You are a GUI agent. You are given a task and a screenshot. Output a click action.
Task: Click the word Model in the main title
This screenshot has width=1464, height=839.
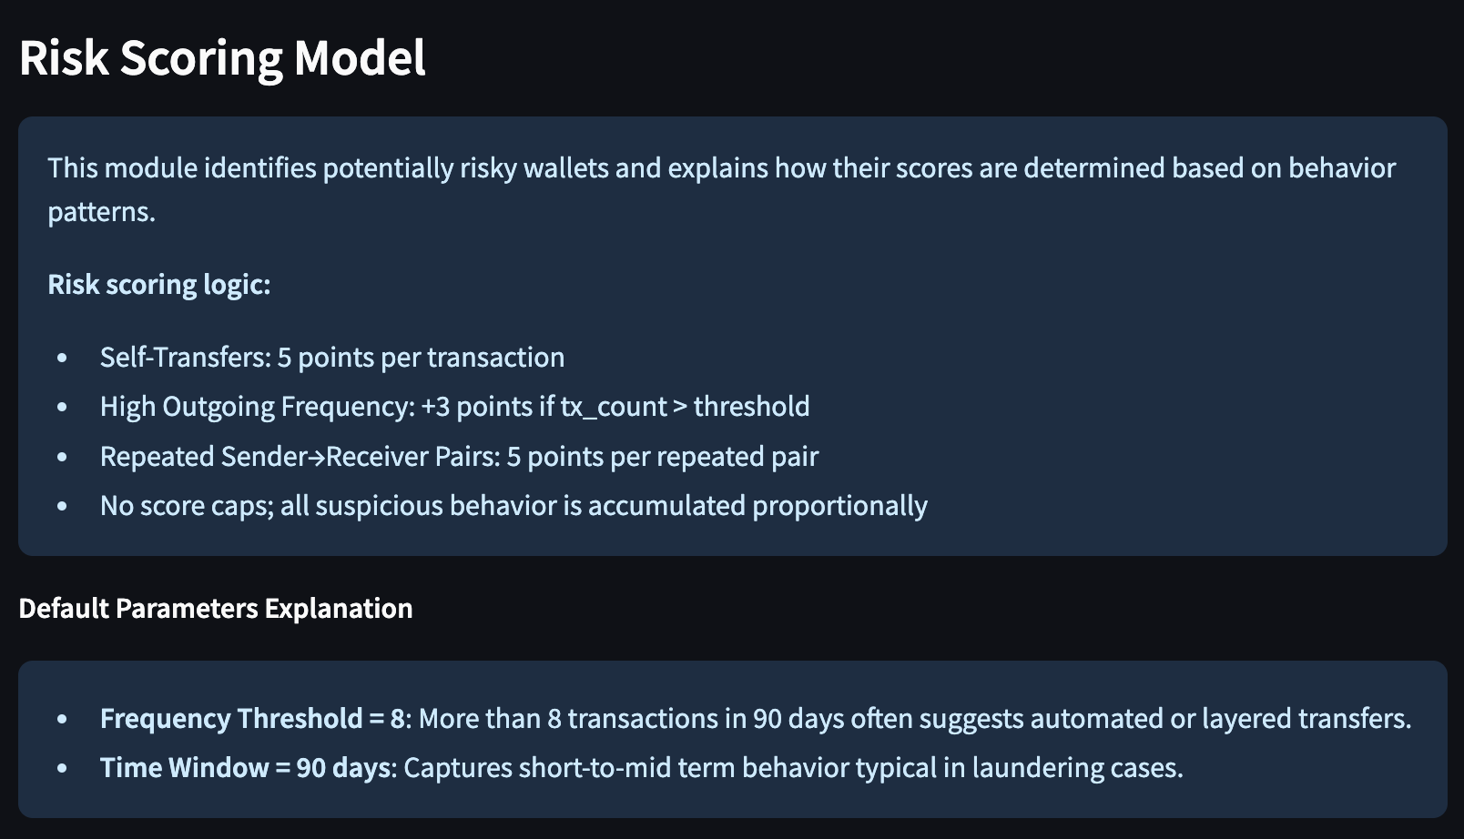[x=361, y=57]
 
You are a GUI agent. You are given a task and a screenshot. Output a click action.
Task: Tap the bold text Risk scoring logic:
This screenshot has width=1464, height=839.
[x=158, y=285]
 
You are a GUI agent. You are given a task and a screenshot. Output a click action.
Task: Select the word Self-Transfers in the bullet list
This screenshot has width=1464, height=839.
[x=186, y=358]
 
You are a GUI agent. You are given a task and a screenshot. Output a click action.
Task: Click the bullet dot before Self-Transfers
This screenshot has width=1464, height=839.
[x=62, y=358]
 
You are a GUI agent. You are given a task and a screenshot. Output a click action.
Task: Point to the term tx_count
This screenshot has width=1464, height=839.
[x=614, y=407]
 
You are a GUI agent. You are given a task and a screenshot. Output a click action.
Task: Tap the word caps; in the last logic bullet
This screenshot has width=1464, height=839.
[x=241, y=507]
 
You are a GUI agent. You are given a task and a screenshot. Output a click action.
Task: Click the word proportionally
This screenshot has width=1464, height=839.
[x=839, y=507]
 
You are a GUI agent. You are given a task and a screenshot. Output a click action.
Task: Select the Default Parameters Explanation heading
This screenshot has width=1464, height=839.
[x=216, y=609]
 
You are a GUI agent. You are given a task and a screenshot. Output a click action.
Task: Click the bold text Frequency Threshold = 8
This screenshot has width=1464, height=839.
[x=252, y=719]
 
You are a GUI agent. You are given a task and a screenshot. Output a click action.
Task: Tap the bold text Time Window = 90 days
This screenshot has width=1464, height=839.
[x=245, y=768]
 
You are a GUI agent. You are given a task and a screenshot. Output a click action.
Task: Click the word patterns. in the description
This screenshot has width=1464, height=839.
[x=102, y=212]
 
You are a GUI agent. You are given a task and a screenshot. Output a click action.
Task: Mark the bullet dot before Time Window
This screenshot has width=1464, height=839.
[x=62, y=768]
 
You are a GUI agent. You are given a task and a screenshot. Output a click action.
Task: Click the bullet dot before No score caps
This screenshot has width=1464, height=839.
[x=62, y=507]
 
